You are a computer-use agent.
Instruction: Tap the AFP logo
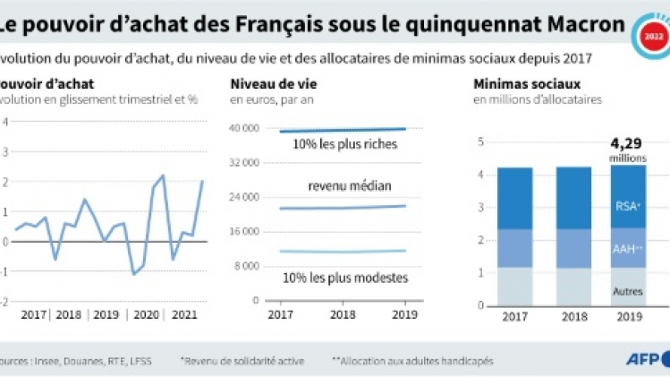(x=643, y=360)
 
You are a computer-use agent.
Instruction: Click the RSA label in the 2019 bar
(x=626, y=205)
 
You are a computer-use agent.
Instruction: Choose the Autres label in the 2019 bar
(x=626, y=291)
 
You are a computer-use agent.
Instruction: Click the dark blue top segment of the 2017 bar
(x=514, y=198)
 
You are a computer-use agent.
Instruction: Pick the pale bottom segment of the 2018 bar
(x=573, y=287)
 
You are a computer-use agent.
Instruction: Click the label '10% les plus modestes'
(x=344, y=278)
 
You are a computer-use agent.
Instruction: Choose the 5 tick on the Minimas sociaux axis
(x=480, y=141)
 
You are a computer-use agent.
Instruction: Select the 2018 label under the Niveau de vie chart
(x=343, y=315)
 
